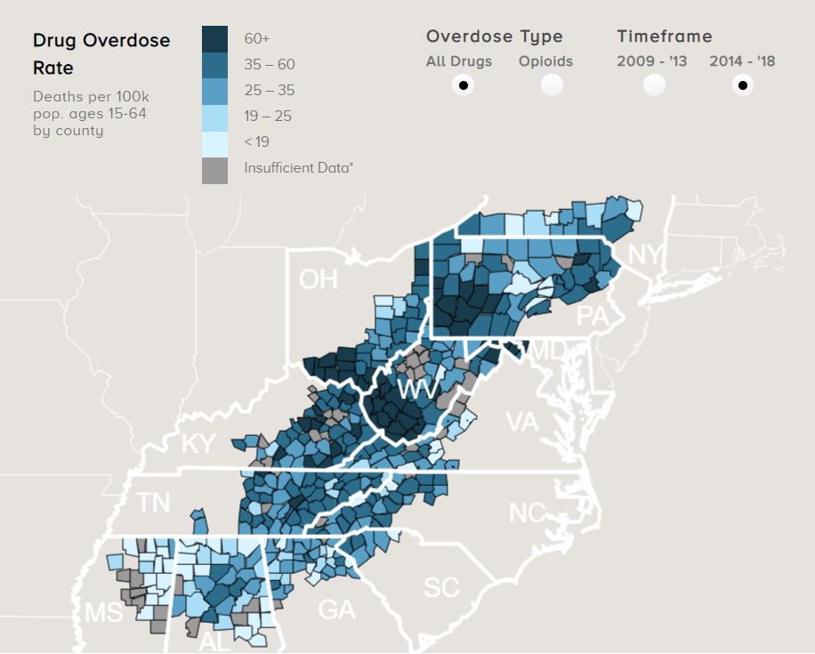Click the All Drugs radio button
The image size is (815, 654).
(463, 85)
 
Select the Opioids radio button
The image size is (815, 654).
(553, 85)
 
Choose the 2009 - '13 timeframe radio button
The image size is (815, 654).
(655, 85)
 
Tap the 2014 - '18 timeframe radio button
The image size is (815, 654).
(742, 85)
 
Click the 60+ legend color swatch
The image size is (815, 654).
(214, 38)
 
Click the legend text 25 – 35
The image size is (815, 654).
(269, 91)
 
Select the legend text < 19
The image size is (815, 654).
(256, 142)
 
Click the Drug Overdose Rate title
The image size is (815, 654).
(101, 53)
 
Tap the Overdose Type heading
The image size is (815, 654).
(494, 36)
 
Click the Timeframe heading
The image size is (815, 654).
(665, 36)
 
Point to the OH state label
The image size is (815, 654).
(319, 279)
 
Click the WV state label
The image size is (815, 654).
(417, 390)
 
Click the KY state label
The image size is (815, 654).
(198, 444)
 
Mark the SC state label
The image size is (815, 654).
(441, 587)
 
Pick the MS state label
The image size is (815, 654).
(104, 612)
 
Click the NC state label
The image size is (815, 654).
(527, 513)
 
